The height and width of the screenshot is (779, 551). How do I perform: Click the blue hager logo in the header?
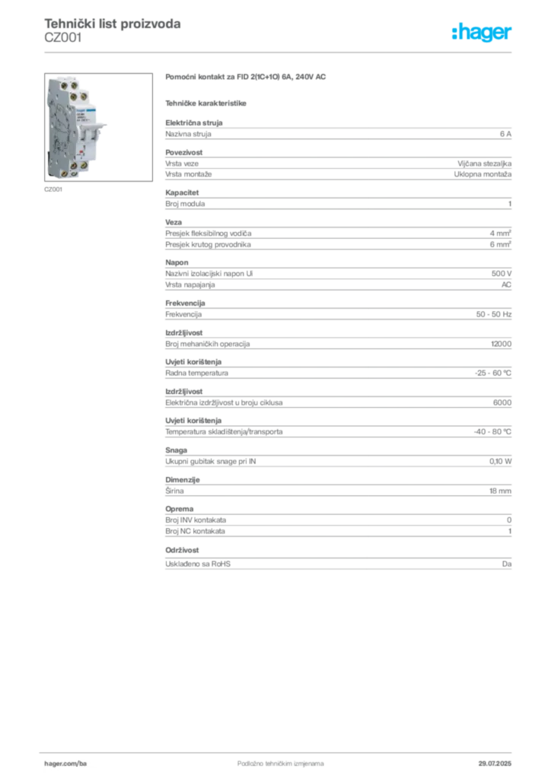tap(483, 33)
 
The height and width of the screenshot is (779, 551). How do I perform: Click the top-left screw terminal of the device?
tap(64, 86)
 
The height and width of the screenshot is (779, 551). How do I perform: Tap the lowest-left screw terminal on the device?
tap(64, 173)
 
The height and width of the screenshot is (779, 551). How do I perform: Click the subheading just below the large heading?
tap(207, 102)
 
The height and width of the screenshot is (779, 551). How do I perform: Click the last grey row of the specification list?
tap(339, 563)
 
